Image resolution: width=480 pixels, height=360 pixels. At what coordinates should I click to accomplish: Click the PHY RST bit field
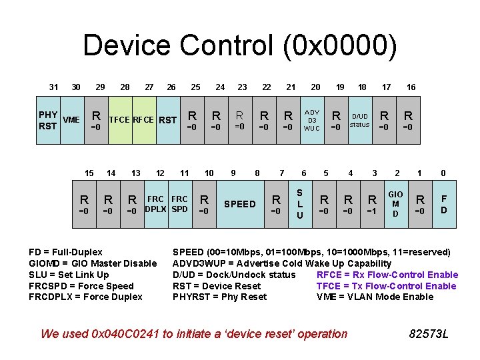[48, 120]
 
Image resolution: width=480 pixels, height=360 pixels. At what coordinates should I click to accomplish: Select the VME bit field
[71, 120]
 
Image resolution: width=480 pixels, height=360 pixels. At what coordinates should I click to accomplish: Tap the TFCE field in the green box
[120, 120]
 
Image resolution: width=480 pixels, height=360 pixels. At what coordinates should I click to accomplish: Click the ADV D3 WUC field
[312, 120]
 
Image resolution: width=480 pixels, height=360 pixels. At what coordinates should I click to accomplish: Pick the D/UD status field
[360, 120]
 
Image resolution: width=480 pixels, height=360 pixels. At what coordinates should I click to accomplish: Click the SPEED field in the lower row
[240, 204]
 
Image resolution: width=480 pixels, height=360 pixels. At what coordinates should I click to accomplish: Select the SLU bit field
[300, 204]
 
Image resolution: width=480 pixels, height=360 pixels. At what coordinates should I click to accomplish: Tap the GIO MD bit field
[395, 204]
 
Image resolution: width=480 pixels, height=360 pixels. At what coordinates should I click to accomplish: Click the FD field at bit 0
[444, 204]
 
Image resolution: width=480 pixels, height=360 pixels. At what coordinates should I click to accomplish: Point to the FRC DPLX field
[155, 204]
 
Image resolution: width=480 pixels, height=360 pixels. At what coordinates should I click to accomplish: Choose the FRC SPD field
[180, 204]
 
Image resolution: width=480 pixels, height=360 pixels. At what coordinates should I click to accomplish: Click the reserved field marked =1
[372, 204]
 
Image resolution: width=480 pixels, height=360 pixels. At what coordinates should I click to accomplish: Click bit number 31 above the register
[54, 87]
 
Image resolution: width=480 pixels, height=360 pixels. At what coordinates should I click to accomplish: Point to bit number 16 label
[411, 87]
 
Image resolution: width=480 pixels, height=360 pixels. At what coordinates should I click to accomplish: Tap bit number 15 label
[89, 173]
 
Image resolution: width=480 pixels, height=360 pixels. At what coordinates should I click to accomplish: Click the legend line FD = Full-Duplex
[66, 252]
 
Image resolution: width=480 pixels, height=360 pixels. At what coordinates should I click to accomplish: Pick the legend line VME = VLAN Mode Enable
[375, 297]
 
